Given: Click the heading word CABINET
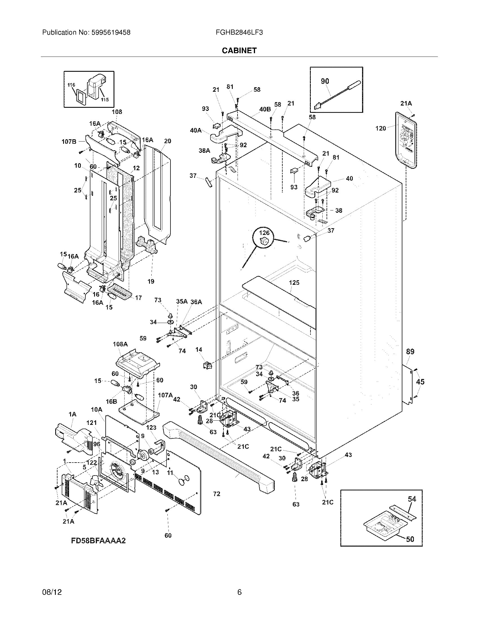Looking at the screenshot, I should pyautogui.click(x=239, y=50).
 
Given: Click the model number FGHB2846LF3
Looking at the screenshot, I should pyautogui.click(x=239, y=33).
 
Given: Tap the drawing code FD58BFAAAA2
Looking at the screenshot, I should pyautogui.click(x=98, y=540).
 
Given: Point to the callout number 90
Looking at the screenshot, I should pyautogui.click(x=325, y=81).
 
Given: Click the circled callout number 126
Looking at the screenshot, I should pyautogui.click(x=264, y=233).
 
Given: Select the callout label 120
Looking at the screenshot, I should pyautogui.click(x=381, y=128).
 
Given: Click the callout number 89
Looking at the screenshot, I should pyautogui.click(x=410, y=352).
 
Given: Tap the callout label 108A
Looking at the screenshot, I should pyautogui.click(x=120, y=344).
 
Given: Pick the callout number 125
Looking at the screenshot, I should pyautogui.click(x=294, y=282).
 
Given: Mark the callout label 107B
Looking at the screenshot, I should pyautogui.click(x=69, y=142).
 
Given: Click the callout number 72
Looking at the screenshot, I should pyautogui.click(x=216, y=494).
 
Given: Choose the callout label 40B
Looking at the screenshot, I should pyautogui.click(x=265, y=109).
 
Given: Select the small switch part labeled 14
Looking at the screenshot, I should pyautogui.click(x=207, y=365).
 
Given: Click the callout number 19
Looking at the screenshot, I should pyautogui.click(x=151, y=281).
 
